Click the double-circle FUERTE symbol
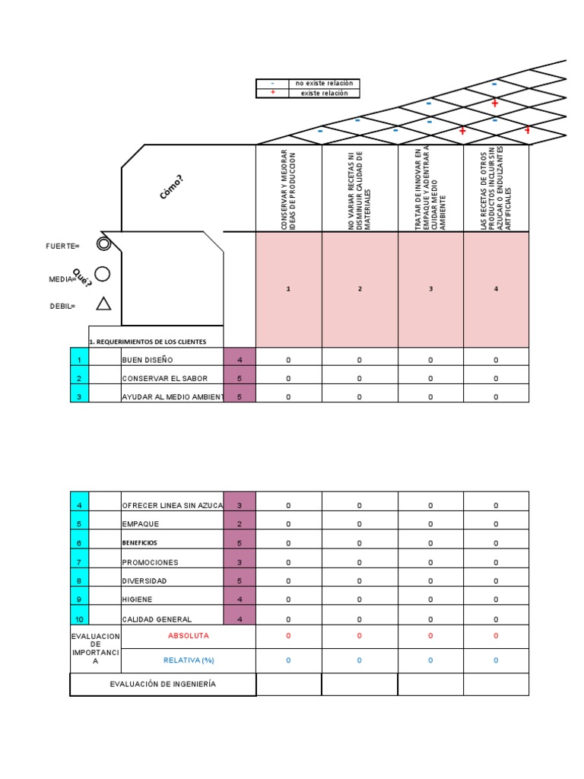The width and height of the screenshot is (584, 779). click(x=103, y=244)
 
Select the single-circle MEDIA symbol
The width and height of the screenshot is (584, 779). click(x=103, y=274)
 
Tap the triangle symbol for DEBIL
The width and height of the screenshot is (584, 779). click(x=103, y=304)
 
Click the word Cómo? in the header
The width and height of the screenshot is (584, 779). click(x=171, y=187)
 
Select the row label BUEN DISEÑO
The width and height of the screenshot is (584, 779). click(x=148, y=360)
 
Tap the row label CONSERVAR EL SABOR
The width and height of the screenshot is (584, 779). click(x=164, y=378)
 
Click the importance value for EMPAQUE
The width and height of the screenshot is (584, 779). click(x=240, y=524)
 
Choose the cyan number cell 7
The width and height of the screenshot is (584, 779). click(x=79, y=562)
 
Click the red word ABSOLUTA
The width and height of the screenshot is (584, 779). click(x=188, y=635)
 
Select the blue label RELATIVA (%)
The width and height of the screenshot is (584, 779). click(x=189, y=660)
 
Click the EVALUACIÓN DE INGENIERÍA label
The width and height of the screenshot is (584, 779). click(x=163, y=684)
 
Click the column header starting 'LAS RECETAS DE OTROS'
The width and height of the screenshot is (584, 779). click(x=496, y=188)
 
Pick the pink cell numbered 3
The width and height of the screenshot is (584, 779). click(x=430, y=289)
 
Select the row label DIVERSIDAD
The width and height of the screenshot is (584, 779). click(x=144, y=580)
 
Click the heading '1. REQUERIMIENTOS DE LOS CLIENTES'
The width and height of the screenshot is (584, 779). click(x=147, y=342)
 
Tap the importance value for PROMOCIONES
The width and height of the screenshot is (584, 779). click(x=240, y=562)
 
